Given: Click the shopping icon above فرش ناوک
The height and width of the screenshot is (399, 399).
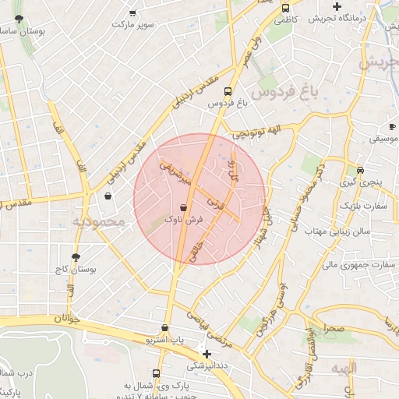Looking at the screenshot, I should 183,208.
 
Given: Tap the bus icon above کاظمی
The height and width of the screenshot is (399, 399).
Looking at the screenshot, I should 284,7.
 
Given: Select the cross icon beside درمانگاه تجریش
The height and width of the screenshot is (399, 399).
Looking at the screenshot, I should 337,7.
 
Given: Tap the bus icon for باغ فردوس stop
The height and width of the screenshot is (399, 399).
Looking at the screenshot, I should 228,90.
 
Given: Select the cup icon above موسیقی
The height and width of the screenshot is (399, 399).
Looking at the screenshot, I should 391,126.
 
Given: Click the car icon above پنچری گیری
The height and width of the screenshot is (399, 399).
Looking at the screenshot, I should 360,170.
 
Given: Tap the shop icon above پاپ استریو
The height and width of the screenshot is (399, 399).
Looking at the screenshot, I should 164,328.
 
